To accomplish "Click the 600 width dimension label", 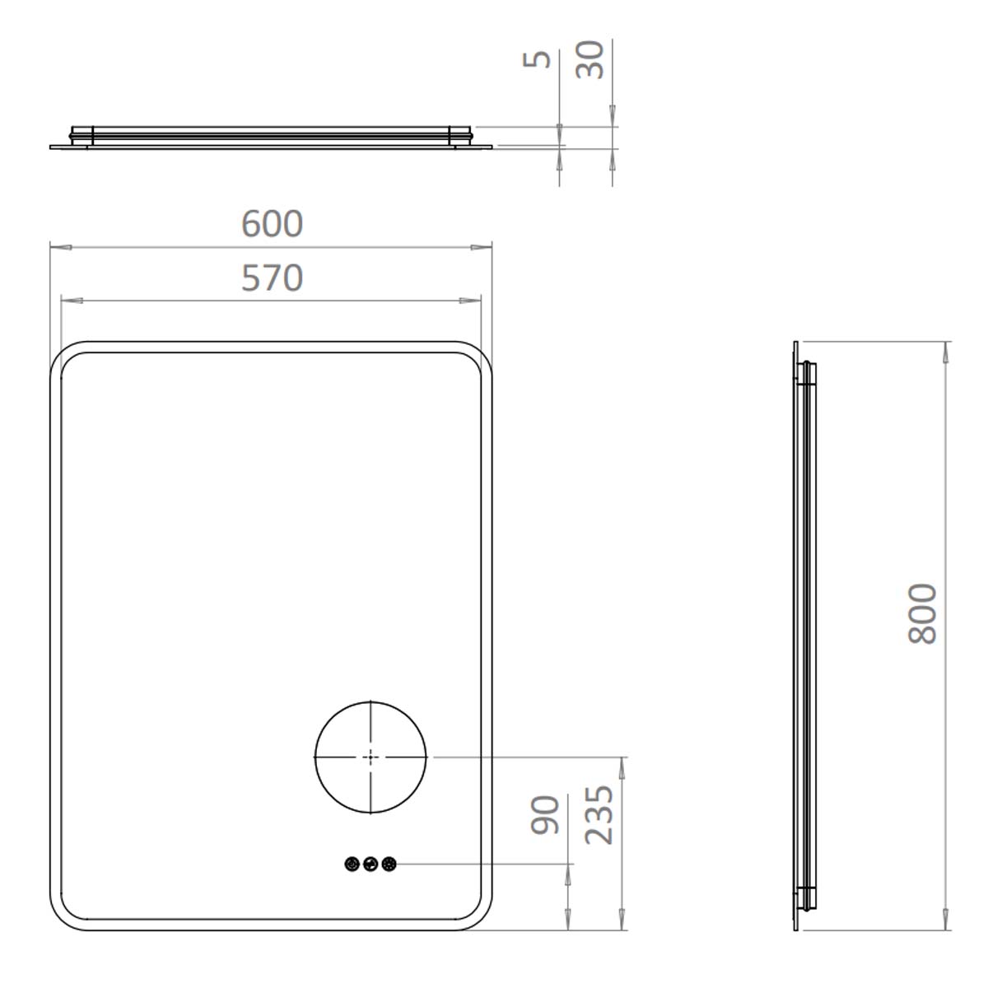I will point(272,224).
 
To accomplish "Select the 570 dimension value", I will point(272,278).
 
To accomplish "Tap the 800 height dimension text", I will point(922,613).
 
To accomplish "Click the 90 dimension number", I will point(545,815).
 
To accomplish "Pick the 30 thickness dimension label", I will point(590,59).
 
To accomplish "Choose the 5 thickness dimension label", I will point(537,59).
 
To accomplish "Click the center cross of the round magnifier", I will point(370,757).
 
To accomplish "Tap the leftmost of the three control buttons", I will point(352,864).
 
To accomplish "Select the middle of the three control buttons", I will point(370,864).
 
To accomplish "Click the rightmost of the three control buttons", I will point(389,864).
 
